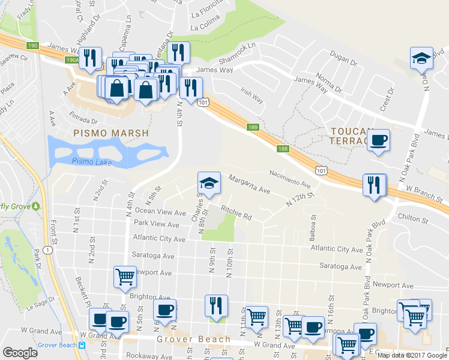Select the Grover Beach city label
194,340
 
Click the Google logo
20,353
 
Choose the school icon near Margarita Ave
209,183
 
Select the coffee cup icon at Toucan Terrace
378,140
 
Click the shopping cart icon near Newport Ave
124,277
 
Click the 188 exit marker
283,148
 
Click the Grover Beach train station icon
82,345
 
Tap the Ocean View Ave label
160,212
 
